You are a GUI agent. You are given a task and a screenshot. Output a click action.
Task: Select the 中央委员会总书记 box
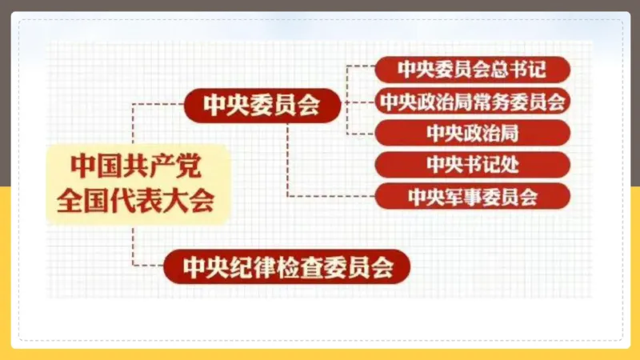[472, 69]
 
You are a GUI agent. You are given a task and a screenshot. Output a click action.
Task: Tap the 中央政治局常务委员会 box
[472, 101]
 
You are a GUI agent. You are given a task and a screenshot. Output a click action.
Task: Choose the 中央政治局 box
[472, 132]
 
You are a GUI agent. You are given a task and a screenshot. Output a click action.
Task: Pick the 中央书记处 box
[472, 164]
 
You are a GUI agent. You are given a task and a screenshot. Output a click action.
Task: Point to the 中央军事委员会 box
[472, 196]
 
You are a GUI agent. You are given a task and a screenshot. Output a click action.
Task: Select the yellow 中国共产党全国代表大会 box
[138, 183]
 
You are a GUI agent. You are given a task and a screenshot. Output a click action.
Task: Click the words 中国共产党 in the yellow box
[136, 166]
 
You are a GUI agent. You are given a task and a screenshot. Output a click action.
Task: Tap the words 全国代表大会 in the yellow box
[136, 200]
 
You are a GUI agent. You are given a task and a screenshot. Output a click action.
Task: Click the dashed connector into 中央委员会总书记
[360, 70]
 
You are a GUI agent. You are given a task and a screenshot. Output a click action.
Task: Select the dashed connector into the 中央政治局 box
[360, 132]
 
